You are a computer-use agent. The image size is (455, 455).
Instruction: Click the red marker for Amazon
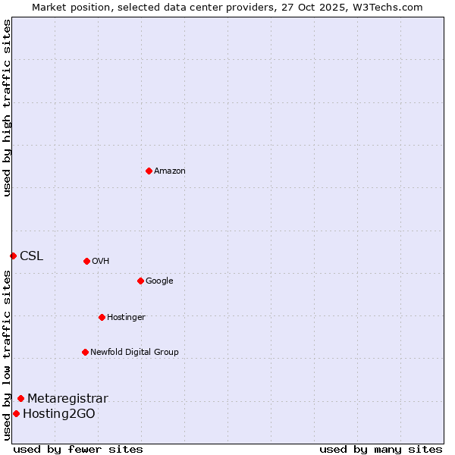149,171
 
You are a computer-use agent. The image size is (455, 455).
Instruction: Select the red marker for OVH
86,261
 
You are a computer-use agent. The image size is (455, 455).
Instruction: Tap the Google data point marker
140,281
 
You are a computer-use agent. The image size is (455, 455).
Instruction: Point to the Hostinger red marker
102,317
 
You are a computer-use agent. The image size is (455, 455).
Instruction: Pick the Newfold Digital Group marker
85,352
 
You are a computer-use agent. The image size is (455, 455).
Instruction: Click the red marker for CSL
13,256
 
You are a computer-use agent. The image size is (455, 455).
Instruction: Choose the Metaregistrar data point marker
20,398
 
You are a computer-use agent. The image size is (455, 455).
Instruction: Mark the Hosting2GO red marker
16,413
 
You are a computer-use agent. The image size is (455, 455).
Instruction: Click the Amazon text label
170,171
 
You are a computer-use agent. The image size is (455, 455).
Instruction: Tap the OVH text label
101,261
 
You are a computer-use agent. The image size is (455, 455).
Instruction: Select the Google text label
159,281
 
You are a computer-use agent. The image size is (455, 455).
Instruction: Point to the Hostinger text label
126,317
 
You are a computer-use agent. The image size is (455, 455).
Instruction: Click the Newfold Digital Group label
134,352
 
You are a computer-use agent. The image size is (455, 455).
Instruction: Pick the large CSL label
32,256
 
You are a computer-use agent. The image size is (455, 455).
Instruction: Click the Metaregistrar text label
67,398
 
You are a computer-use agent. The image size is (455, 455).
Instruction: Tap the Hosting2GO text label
59,413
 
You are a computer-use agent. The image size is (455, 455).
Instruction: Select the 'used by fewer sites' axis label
78,449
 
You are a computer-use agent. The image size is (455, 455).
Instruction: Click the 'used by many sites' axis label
381,449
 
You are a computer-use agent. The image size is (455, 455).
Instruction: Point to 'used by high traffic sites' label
7,108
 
